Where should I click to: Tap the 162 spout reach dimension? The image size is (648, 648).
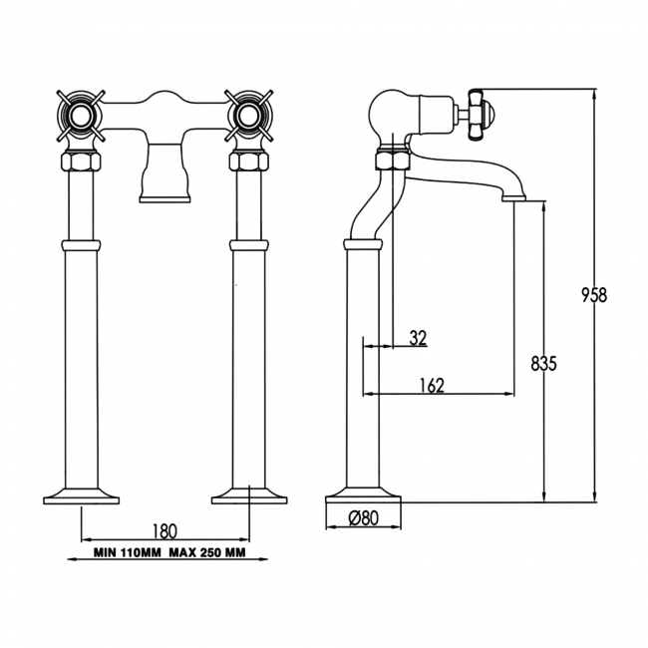pyautogui.click(x=433, y=385)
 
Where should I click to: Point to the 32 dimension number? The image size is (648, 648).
pyautogui.click(x=417, y=338)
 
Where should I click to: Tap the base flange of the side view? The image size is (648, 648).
pyautogui.click(x=364, y=495)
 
